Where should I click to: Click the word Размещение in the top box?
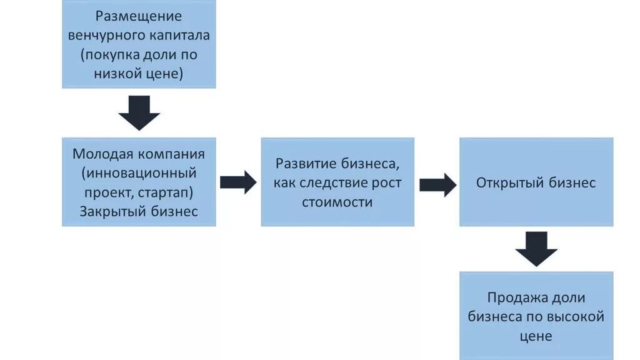(139, 16)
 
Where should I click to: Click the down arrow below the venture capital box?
(139, 112)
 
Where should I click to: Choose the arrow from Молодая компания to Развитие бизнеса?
(238, 182)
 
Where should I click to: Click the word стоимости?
(337, 202)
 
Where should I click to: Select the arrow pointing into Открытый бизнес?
(437, 184)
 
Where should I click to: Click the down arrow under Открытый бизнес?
(536, 248)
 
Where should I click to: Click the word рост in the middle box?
(388, 183)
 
